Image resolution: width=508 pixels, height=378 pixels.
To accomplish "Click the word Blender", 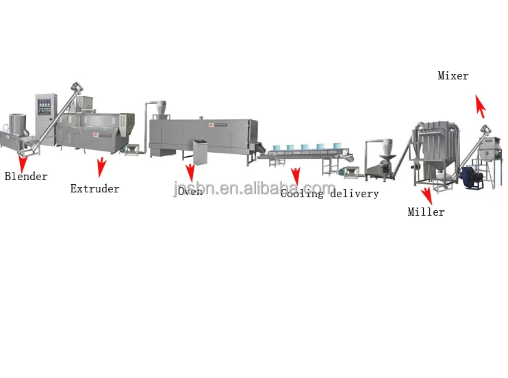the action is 26,177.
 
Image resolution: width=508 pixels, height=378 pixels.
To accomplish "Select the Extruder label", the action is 94,188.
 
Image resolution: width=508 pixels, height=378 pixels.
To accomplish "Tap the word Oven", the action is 190,192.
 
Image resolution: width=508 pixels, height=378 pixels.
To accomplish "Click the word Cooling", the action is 302,194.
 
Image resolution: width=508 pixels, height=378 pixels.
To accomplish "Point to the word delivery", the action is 355,194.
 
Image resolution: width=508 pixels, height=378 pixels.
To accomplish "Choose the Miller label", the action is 426,212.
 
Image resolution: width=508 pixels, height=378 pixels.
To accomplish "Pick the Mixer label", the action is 453,76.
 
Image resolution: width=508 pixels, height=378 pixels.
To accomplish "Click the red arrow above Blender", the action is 23,162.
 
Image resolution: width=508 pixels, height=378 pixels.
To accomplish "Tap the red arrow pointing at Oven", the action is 190,173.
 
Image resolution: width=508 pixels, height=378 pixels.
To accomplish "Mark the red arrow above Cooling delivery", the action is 295,175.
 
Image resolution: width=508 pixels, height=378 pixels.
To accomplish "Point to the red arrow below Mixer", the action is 481,106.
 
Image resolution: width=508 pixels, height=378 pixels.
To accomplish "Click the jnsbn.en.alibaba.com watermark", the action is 254,188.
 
